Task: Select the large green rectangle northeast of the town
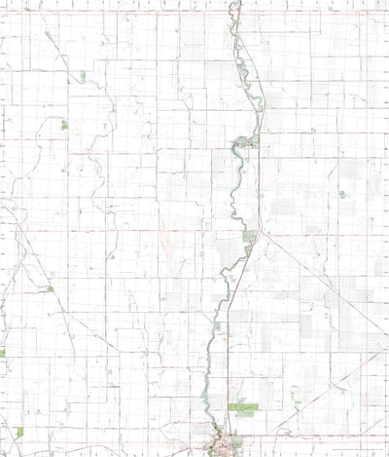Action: (x=243, y=408)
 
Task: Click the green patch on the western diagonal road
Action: (x=49, y=288)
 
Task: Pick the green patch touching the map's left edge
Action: (x=2, y=353)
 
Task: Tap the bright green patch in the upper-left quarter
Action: (x=64, y=125)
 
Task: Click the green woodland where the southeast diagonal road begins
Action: (x=249, y=236)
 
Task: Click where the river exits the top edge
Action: (x=233, y=3)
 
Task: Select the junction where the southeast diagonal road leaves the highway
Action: (x=257, y=234)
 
